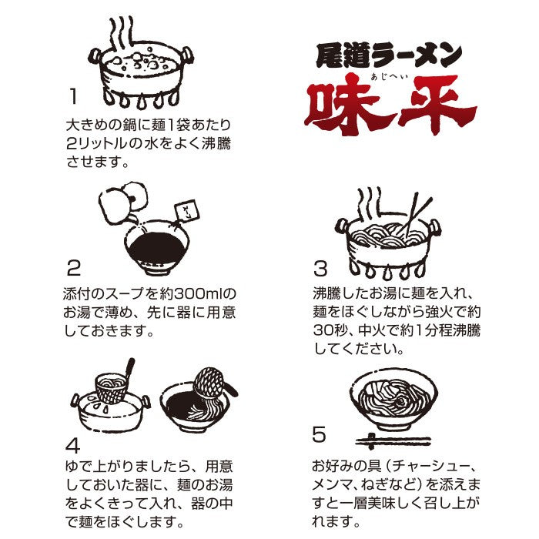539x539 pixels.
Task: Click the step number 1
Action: coord(73,96)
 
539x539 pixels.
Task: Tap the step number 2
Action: coord(74,267)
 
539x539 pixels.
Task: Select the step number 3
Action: coord(320,269)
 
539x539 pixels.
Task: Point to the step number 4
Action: coord(73,445)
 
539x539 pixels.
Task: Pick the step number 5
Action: coord(319,434)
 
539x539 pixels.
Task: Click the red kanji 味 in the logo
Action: coord(346,104)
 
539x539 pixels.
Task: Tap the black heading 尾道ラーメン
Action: coord(389,55)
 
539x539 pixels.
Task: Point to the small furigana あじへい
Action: coord(389,76)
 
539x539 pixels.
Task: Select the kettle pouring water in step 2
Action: coord(123,203)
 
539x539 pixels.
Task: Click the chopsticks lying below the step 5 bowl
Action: coord(393,441)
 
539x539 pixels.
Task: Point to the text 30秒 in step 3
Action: coord(330,330)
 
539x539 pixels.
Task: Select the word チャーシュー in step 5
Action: coord(430,467)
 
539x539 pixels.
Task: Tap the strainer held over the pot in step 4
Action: coord(112,387)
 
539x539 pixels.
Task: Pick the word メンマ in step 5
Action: coord(333,484)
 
